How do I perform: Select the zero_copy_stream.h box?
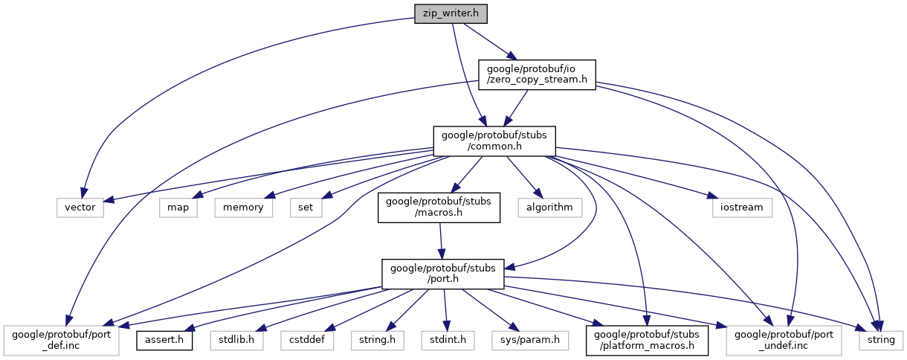tap(536, 75)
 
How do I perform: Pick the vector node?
tap(80, 207)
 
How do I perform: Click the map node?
tap(178, 207)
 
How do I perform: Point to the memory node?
tap(243, 207)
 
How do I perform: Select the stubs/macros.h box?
tap(439, 208)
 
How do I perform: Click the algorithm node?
tap(550, 207)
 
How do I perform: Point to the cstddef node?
tap(307, 340)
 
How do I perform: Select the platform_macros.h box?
tap(648, 339)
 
